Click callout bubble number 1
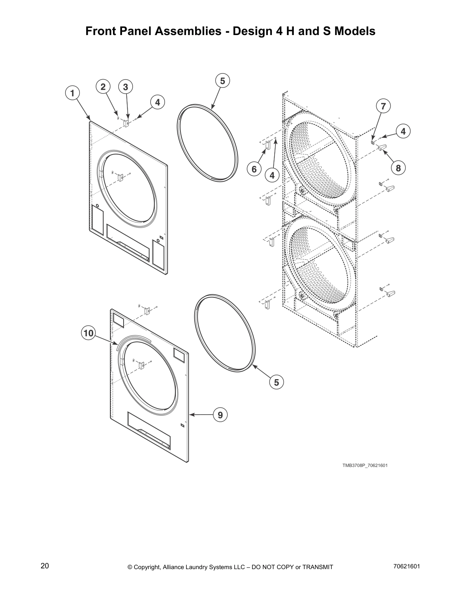point(72,93)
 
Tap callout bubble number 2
point(102,87)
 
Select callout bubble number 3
point(125,87)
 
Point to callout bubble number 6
point(254,169)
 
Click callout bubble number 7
point(383,106)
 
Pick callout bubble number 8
point(398,168)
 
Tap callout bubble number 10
point(89,333)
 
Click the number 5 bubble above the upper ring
point(222,81)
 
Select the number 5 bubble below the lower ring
point(276,382)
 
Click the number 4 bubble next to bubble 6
point(272,175)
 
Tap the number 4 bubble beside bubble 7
point(403,132)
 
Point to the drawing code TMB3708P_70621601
point(365,465)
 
